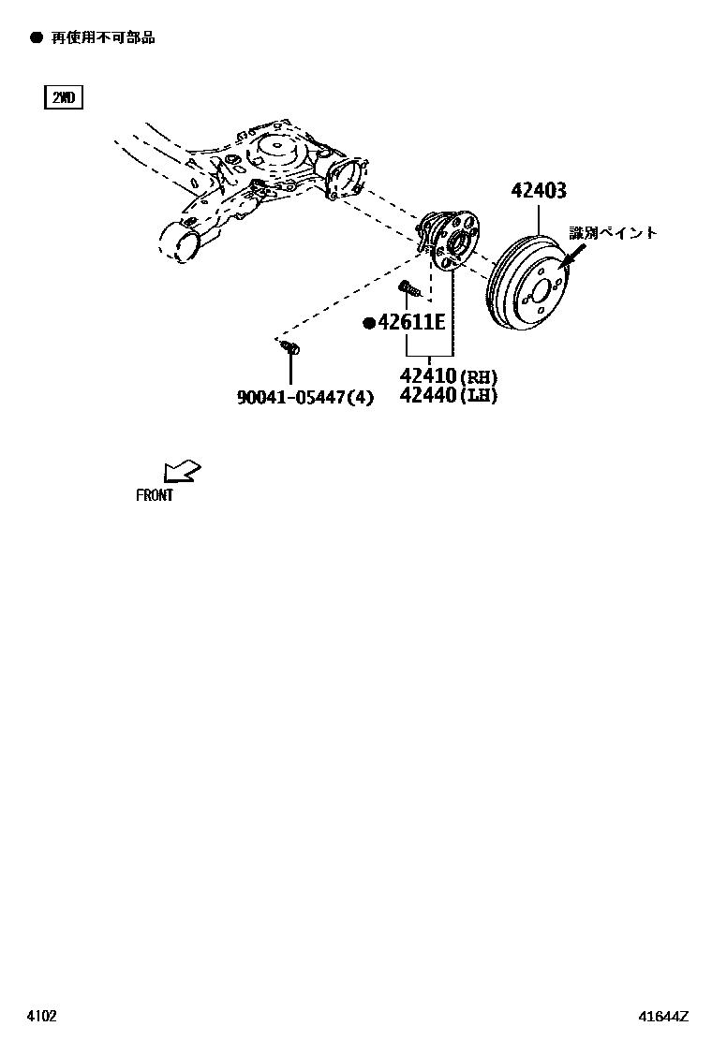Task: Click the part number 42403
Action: click(539, 191)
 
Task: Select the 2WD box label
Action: click(64, 97)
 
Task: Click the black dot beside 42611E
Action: click(369, 324)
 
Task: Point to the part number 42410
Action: click(428, 376)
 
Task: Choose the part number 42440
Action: click(428, 395)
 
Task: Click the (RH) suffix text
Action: click(479, 377)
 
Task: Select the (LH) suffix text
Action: click(479, 396)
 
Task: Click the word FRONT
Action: click(155, 495)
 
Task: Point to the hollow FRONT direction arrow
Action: click(182, 470)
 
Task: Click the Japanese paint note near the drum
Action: click(614, 233)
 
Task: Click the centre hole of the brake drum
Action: click(541, 287)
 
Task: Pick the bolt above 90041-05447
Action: click(289, 348)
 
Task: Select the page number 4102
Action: click(41, 1015)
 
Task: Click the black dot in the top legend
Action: click(37, 37)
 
